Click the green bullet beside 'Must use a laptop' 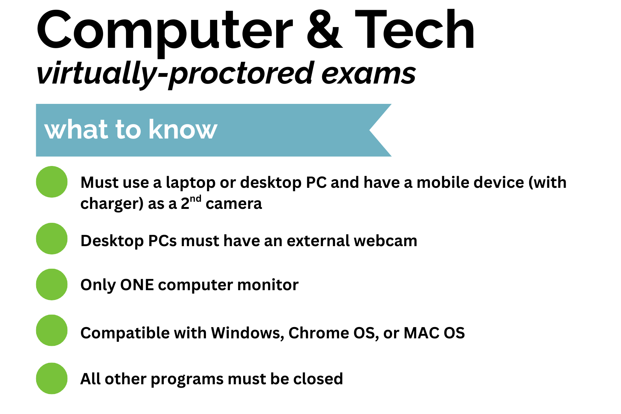click(x=52, y=182)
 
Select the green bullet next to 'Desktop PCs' click(x=52, y=239)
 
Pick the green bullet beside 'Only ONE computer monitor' click(x=52, y=285)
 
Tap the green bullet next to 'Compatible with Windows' click(x=52, y=330)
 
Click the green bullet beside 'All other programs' click(x=52, y=378)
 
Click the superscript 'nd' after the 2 click(x=196, y=199)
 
